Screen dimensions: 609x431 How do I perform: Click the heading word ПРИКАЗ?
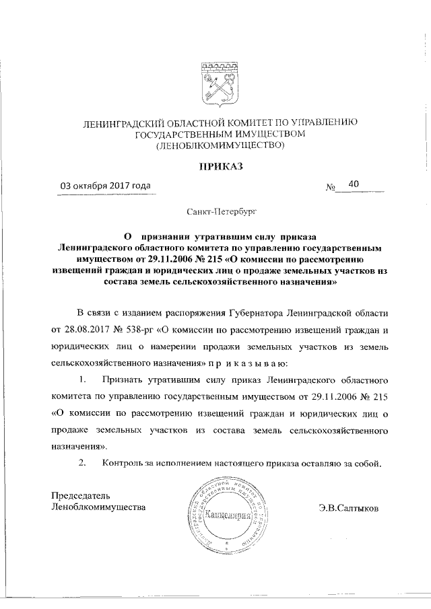coord(220,166)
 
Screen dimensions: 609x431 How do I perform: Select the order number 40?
coord(354,184)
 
